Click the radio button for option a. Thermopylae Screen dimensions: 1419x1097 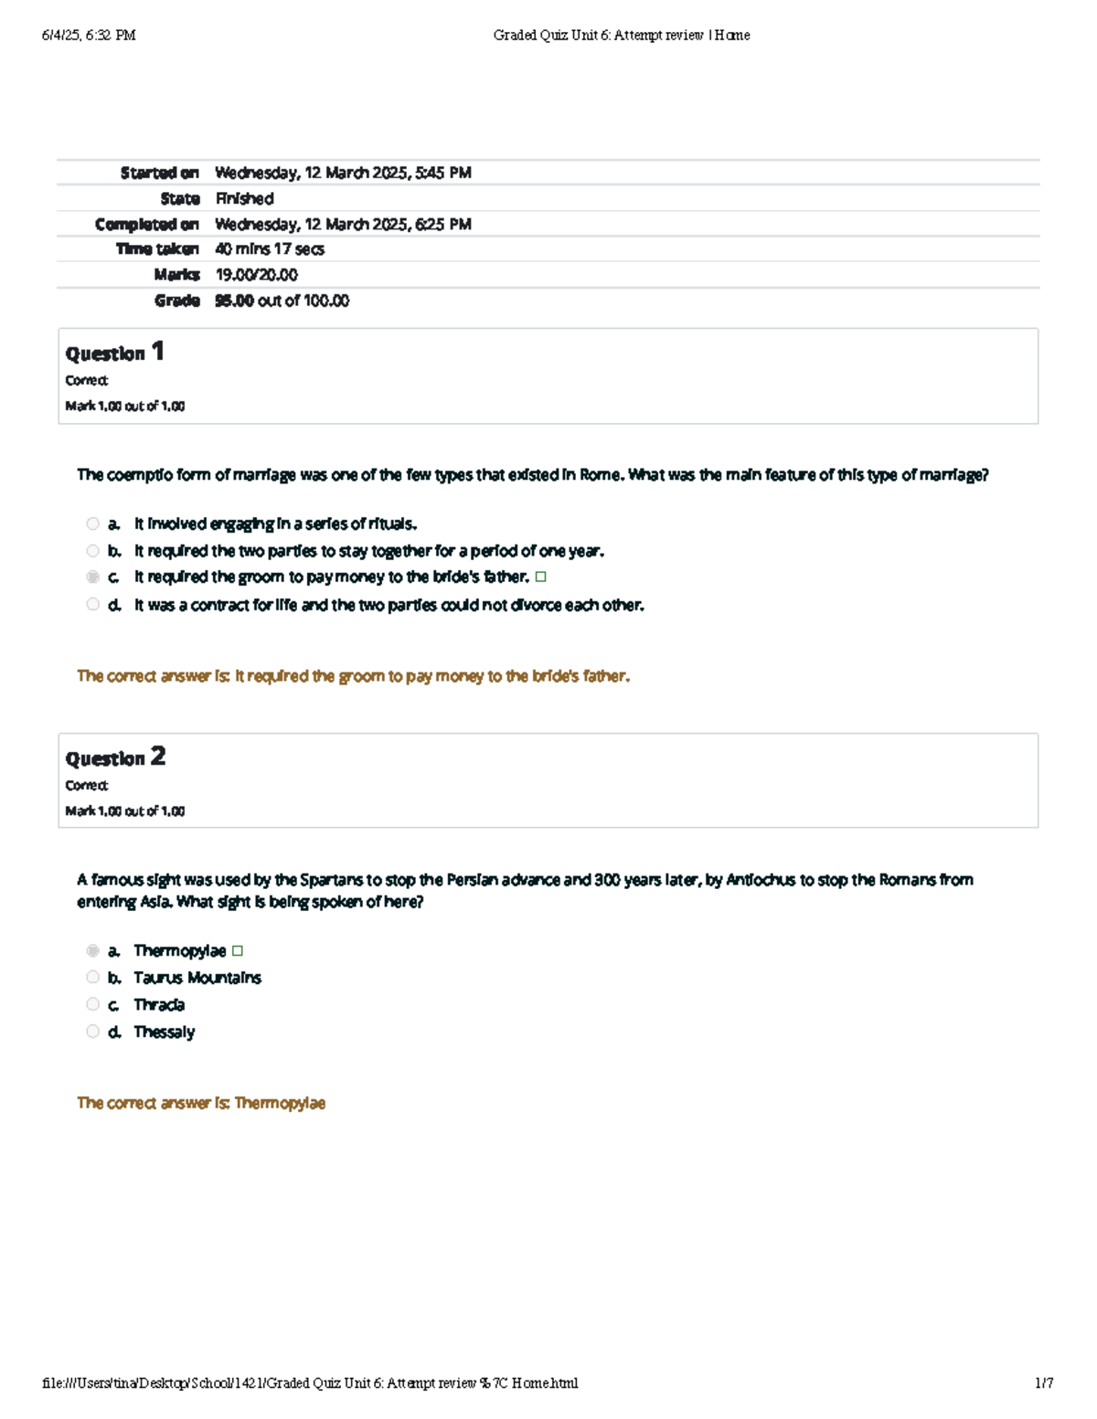click(92, 951)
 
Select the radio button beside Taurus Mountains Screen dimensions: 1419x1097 click(92, 978)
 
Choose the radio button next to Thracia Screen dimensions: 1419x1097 click(92, 1004)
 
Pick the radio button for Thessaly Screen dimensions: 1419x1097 click(92, 1032)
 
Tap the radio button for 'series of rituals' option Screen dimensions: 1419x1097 click(92, 524)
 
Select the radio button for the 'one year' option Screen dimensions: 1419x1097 click(92, 551)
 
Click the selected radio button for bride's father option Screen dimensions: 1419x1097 click(92, 577)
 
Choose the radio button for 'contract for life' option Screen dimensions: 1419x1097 click(92, 604)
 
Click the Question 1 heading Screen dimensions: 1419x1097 click(114, 353)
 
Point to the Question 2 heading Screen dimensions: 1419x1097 click(115, 757)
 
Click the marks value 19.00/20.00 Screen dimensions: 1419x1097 click(256, 275)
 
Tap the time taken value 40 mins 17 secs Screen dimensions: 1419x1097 click(269, 249)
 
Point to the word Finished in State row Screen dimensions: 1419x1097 click(244, 198)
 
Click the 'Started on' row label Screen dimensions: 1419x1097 click(159, 173)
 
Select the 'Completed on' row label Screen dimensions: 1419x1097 click(146, 224)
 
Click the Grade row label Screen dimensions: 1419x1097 click(176, 301)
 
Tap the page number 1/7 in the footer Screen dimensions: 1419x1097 click(1044, 1382)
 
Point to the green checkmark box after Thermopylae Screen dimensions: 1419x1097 click(238, 951)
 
